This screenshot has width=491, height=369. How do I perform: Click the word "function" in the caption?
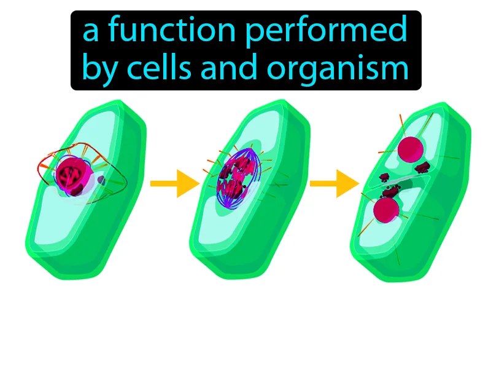(172, 30)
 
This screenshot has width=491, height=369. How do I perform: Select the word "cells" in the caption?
(159, 67)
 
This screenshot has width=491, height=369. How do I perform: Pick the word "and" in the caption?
(229, 67)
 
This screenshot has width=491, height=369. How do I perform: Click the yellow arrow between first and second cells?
(175, 183)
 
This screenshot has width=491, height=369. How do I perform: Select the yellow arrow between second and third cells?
(334, 183)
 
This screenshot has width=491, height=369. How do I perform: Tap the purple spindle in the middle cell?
(239, 179)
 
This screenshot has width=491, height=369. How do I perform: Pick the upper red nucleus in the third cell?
(411, 149)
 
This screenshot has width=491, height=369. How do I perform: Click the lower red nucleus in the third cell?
(387, 210)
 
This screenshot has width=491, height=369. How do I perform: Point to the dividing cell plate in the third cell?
(397, 182)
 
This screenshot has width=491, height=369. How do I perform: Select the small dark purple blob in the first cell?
(101, 180)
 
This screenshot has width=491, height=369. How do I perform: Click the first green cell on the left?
(85, 190)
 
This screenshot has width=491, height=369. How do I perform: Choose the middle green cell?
(250, 189)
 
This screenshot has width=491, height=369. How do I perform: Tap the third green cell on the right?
(411, 192)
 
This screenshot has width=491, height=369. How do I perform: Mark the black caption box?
(246, 50)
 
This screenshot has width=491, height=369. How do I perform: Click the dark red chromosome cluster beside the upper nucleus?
(422, 168)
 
